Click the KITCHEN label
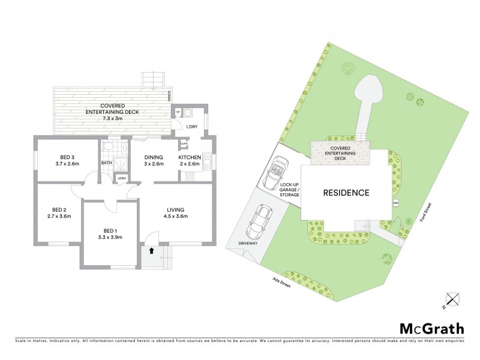click(190, 157)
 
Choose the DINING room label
click(154, 157)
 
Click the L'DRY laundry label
click(192, 127)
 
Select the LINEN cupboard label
click(121, 179)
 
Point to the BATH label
click(106, 163)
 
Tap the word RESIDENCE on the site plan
click(347, 193)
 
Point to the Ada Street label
click(281, 281)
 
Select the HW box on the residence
click(395, 203)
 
